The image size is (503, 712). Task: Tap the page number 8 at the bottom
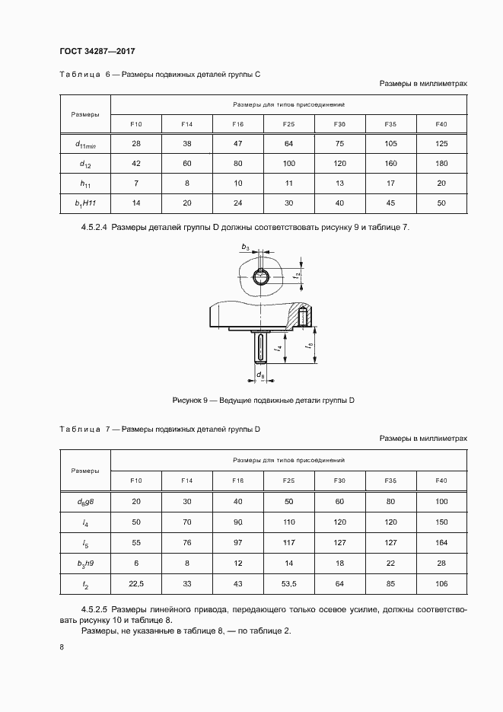62,647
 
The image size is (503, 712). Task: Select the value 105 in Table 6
390,143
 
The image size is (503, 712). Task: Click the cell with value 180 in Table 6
441,163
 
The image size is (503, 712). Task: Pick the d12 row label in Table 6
84,164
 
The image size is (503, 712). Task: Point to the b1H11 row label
84,203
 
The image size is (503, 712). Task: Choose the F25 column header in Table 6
288,123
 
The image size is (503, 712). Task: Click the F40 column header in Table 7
441,481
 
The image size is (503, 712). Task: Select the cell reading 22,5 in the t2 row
137,584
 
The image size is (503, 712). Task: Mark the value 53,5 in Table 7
288,584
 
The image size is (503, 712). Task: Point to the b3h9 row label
84,564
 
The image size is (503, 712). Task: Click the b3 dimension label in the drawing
244,247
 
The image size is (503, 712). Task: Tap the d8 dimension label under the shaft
260,375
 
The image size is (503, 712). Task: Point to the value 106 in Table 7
441,584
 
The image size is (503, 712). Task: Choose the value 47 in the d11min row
237,143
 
